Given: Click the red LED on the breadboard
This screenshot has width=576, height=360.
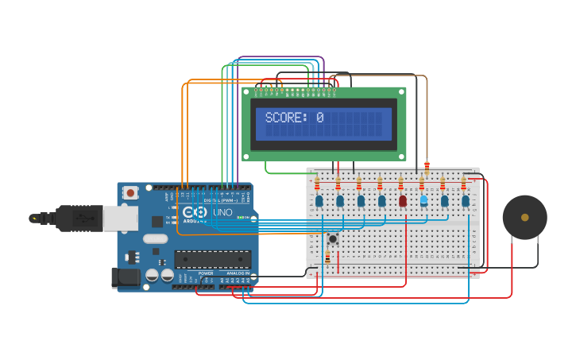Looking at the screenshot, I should pyautogui.click(x=403, y=201).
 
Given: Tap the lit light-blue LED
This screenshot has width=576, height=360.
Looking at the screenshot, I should pyautogui.click(x=423, y=200).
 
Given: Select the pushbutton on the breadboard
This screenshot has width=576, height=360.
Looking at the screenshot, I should pyautogui.click(x=333, y=238).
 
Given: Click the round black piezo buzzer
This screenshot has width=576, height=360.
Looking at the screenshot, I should pyautogui.click(x=524, y=217).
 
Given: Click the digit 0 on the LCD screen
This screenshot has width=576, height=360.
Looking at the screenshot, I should pyautogui.click(x=319, y=118).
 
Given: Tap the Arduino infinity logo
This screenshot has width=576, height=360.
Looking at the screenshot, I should pyautogui.click(x=195, y=212).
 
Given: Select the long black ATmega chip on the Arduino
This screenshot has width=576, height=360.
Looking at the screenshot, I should pyautogui.click(x=213, y=259).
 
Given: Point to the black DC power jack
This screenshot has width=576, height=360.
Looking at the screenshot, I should pyautogui.click(x=126, y=277).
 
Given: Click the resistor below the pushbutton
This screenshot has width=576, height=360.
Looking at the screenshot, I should pyautogui.click(x=327, y=257).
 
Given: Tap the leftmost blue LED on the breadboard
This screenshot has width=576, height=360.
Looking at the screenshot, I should pyautogui.click(x=319, y=201).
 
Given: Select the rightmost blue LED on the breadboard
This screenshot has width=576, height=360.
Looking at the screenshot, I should pyautogui.click(x=466, y=201).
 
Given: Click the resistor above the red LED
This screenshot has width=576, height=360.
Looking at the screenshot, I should pyautogui.click(x=401, y=184).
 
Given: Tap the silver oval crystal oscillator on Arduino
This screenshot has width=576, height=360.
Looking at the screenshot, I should pyautogui.click(x=156, y=238).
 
